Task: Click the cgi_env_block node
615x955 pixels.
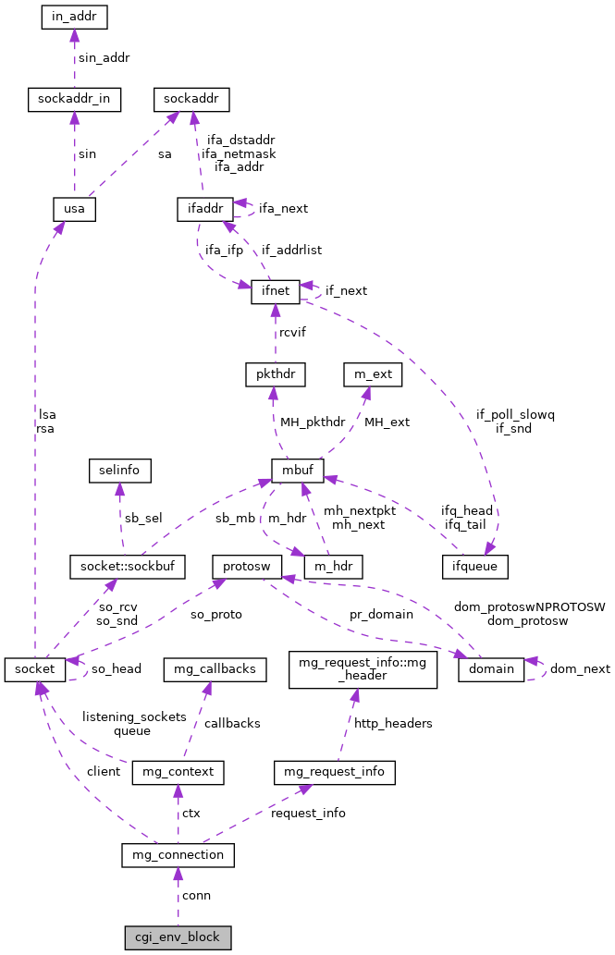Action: point(178,937)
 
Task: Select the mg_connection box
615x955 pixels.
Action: point(178,855)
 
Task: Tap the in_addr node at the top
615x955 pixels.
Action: point(75,17)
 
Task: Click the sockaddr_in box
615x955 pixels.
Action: point(74,99)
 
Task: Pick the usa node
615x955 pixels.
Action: point(74,209)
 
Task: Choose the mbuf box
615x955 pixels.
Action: point(297,470)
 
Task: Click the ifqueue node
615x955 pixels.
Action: point(474,563)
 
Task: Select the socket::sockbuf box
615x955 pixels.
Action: point(128,565)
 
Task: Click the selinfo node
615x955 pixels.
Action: point(119,470)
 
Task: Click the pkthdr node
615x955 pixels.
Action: point(275,374)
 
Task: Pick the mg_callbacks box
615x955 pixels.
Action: point(215,667)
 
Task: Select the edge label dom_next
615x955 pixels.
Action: point(580,668)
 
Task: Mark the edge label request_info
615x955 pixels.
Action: point(308,813)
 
